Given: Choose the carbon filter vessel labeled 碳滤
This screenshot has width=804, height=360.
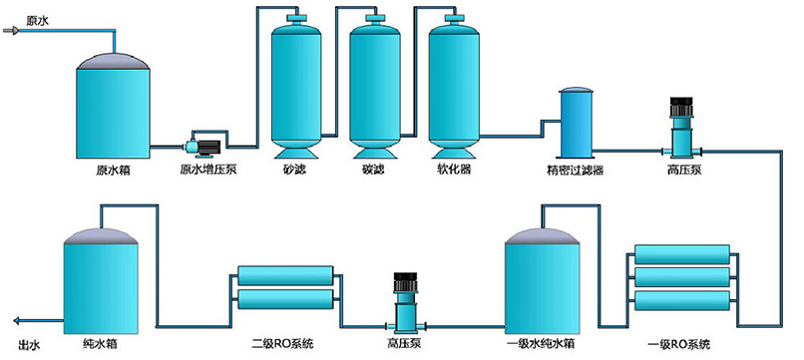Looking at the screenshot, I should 374,85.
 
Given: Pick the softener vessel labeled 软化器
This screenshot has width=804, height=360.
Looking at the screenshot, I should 453,85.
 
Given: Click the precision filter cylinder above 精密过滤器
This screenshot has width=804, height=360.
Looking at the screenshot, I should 577,123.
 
